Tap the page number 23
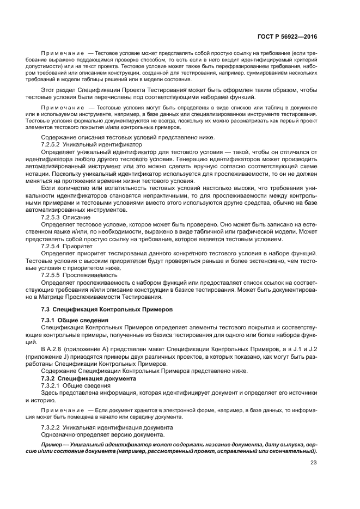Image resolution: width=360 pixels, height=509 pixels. click(x=313, y=463)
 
